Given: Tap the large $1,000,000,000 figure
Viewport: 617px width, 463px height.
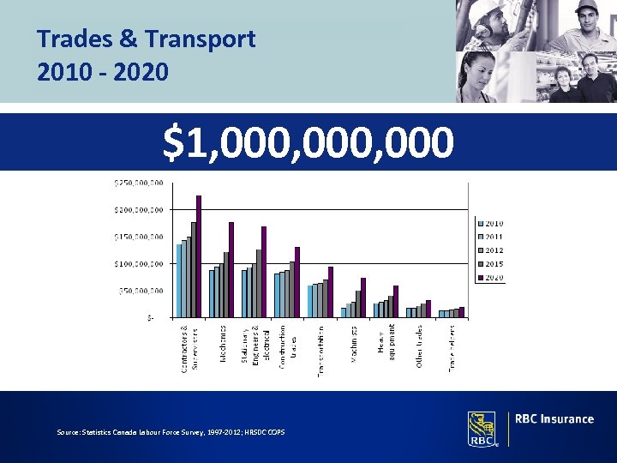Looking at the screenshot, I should click(x=308, y=142).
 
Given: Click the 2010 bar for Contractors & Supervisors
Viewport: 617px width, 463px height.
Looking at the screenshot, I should click(x=178, y=280).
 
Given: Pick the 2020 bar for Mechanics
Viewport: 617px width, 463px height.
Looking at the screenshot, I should click(x=231, y=269).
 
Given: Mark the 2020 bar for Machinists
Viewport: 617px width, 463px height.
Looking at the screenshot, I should click(x=363, y=297).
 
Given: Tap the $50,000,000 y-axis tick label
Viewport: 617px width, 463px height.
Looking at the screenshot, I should click(x=141, y=291).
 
